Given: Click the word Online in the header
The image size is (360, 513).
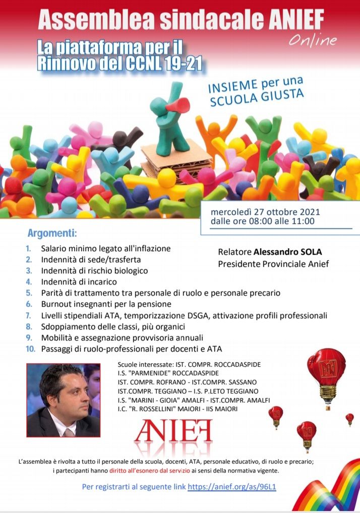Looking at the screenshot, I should [x=313, y=40].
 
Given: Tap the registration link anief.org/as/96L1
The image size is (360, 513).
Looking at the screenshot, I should [x=232, y=487].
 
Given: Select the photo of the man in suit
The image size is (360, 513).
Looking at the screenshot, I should [x=64, y=401].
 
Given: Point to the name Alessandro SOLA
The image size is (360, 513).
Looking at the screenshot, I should [x=287, y=252].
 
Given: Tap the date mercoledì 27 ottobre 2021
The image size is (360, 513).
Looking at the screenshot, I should [x=266, y=212].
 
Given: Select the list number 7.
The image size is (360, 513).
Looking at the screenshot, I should [x=29, y=316].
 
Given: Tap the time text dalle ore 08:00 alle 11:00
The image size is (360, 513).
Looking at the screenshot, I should [x=263, y=221].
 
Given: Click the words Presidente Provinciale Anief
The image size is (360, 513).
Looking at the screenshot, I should [x=273, y=264].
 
